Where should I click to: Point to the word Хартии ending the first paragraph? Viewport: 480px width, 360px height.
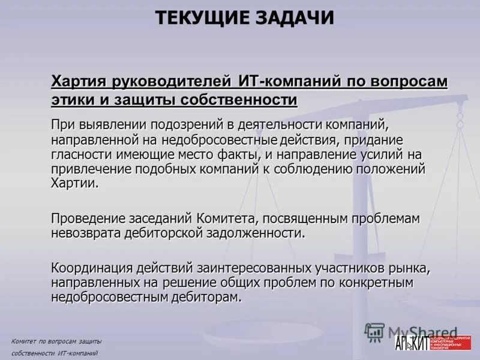click(x=73, y=183)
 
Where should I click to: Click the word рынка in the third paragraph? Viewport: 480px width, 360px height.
click(x=410, y=268)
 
